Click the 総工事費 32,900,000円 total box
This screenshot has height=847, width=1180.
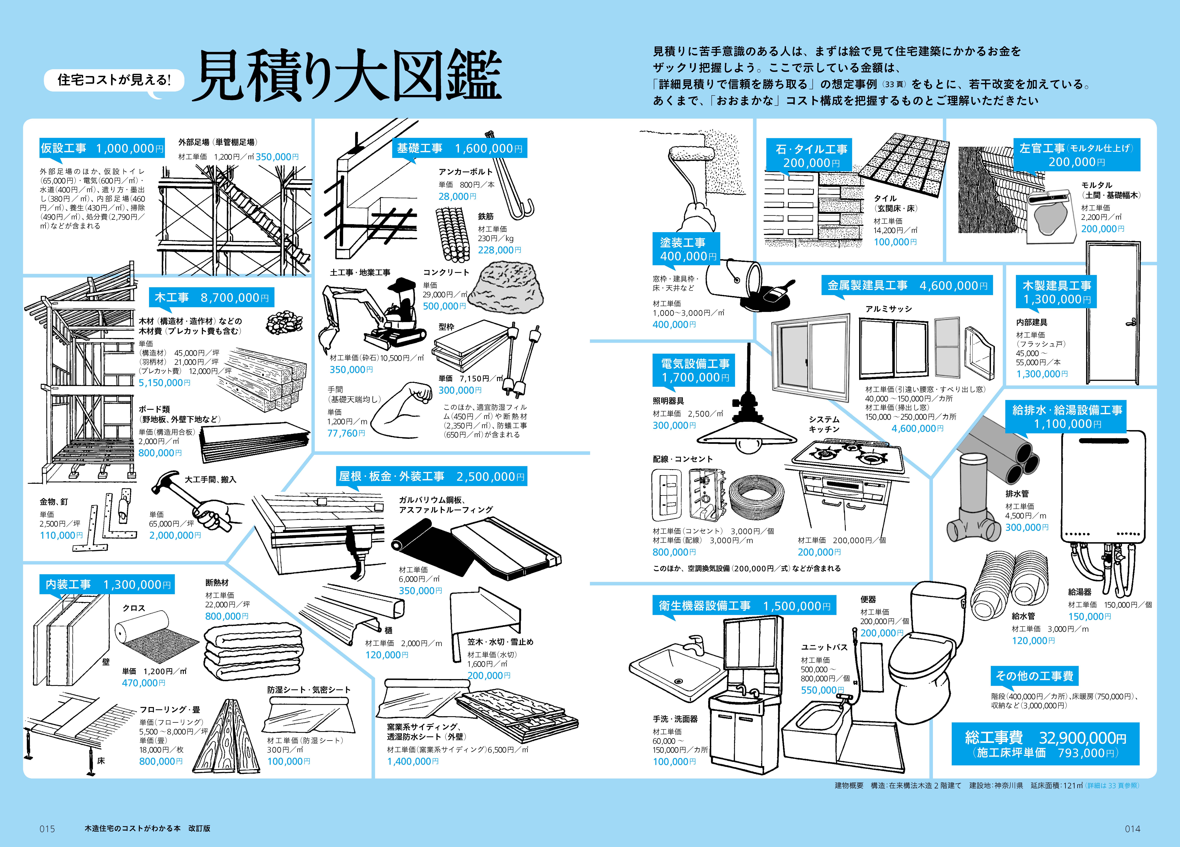tap(1045, 744)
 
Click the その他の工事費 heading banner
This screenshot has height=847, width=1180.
tap(1034, 676)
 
